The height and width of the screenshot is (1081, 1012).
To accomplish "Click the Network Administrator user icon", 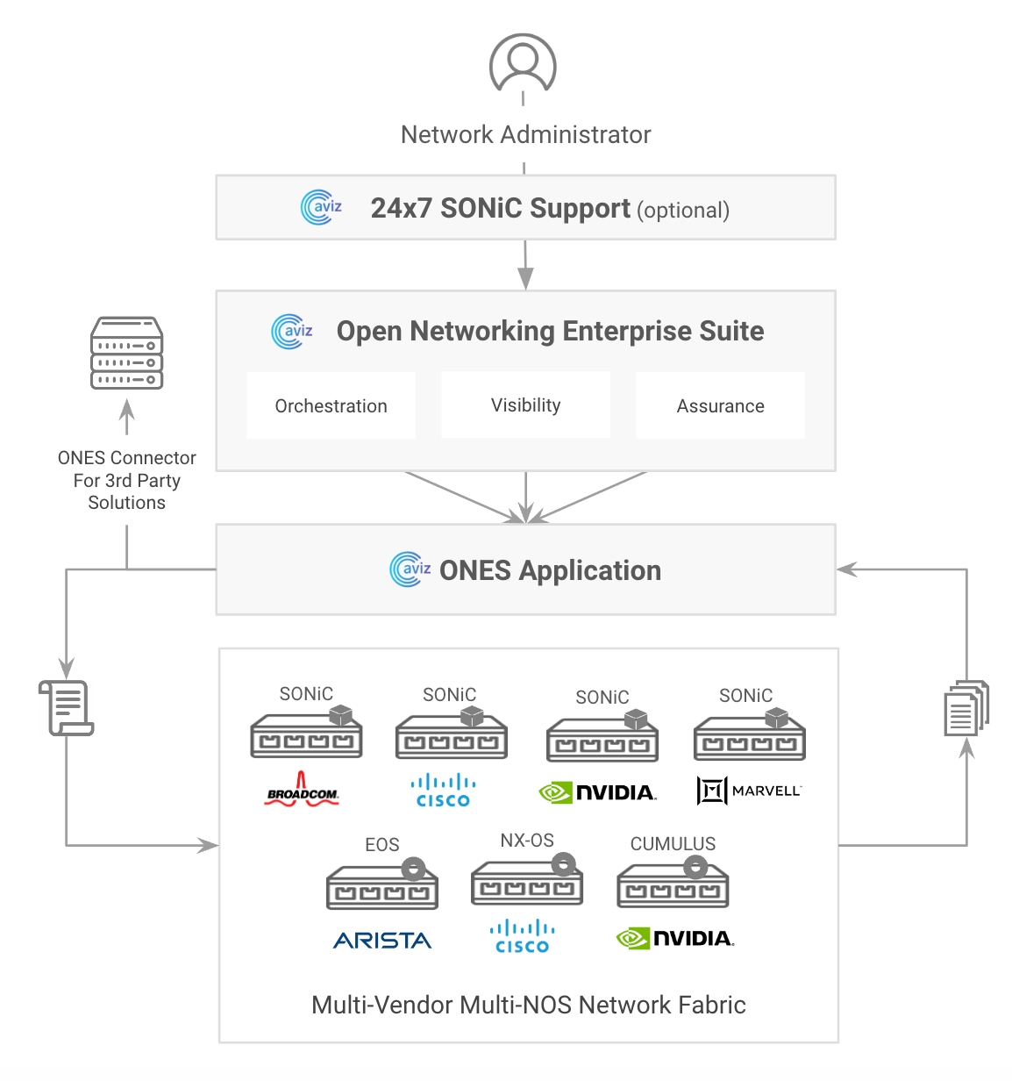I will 523,63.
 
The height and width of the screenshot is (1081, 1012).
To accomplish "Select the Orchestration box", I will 331,405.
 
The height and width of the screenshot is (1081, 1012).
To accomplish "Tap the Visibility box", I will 525,404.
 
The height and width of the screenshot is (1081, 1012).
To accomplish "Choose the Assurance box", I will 720,405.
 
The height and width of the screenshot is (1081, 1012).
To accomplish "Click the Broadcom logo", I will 302,790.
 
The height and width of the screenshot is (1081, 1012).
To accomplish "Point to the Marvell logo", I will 749,791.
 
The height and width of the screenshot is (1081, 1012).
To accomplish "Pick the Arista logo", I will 382,941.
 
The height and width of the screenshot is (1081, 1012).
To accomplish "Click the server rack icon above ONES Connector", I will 127,354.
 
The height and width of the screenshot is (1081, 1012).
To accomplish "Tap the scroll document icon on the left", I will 66,708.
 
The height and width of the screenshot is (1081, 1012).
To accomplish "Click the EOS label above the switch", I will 382,844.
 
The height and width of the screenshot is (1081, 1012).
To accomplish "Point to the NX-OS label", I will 527,841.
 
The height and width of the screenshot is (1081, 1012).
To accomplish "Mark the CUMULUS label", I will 673,843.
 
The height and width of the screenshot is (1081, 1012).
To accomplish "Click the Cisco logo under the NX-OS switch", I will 523,936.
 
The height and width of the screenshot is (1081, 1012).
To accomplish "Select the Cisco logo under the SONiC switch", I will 444,790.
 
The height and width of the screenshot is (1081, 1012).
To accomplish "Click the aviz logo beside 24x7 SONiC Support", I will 321,207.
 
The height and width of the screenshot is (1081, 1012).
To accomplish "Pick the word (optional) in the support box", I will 683,211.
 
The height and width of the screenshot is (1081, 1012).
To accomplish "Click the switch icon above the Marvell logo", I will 749,735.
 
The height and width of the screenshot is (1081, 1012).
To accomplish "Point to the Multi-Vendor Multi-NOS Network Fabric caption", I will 528,1005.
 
